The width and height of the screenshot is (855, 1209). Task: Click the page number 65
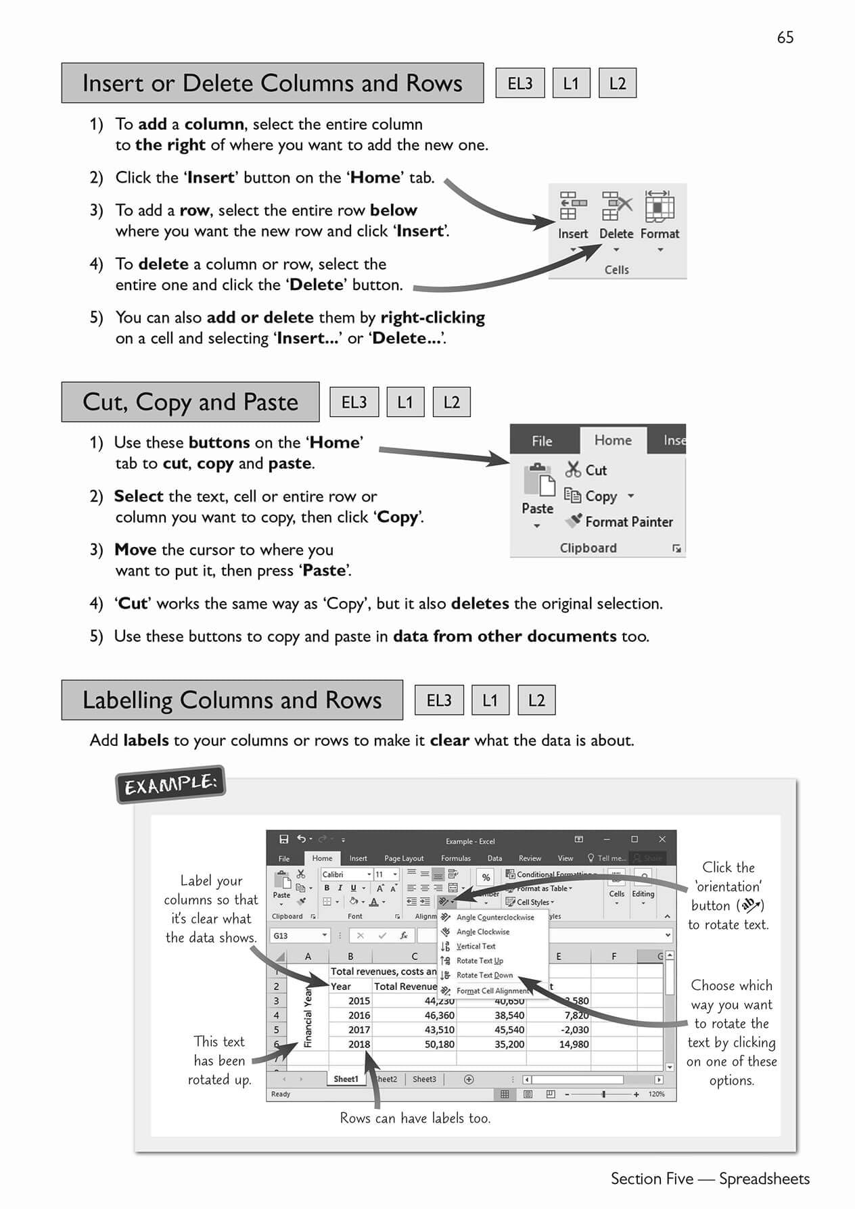coord(785,37)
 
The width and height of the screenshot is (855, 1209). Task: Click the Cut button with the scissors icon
coord(586,470)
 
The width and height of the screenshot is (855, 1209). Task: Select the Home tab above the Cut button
coord(613,440)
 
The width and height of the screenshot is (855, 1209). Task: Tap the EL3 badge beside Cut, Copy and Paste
coord(354,402)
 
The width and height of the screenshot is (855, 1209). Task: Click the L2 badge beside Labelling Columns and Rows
coord(536,701)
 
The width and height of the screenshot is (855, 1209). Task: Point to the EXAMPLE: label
coord(170,784)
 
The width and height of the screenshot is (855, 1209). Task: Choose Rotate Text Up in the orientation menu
coord(479,961)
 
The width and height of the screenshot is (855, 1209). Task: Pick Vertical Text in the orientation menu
coord(476,947)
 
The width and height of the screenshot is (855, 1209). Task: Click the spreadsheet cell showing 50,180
coord(439,1044)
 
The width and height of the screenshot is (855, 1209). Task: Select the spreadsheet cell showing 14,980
coord(574,1044)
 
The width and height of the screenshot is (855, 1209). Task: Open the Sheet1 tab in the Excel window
coord(346,1079)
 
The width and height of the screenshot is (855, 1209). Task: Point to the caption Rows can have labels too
coord(415,1118)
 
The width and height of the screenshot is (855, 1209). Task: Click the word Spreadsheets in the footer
coord(764,1179)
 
